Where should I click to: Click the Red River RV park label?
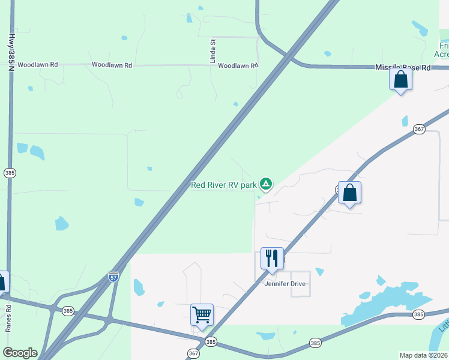[x=223, y=185]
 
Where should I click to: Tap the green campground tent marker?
[x=266, y=184]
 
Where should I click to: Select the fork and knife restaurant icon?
[x=272, y=259]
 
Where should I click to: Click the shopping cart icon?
[x=202, y=314]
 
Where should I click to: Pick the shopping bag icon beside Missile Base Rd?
[x=400, y=79]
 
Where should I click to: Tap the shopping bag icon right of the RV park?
[x=349, y=193]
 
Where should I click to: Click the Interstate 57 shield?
[x=113, y=277]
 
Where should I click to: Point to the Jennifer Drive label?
[x=285, y=284]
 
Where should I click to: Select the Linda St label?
[x=212, y=47]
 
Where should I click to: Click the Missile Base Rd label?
[x=403, y=68]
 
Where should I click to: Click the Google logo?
[x=20, y=353]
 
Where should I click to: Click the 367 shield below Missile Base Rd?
[x=419, y=128]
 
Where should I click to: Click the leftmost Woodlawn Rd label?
[x=37, y=65]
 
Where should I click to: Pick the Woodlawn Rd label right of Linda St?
[x=238, y=65]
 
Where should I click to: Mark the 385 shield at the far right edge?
[x=418, y=314]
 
